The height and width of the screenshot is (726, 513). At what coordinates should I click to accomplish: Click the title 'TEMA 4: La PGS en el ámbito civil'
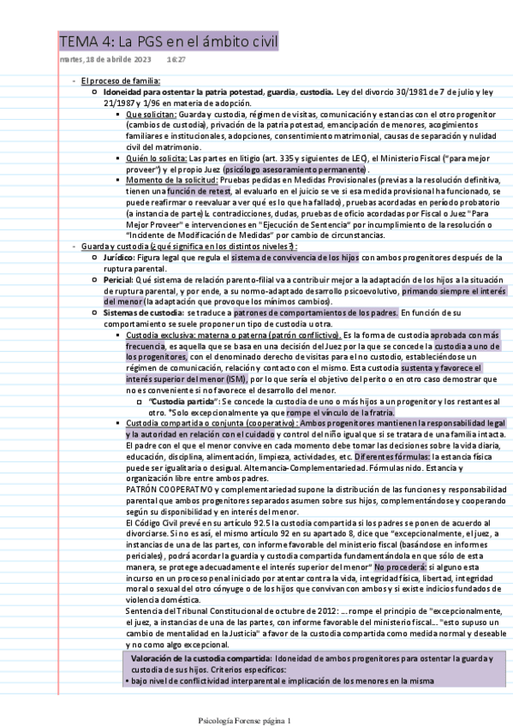[168, 41]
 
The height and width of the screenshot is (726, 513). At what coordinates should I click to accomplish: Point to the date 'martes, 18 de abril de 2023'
[105, 60]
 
